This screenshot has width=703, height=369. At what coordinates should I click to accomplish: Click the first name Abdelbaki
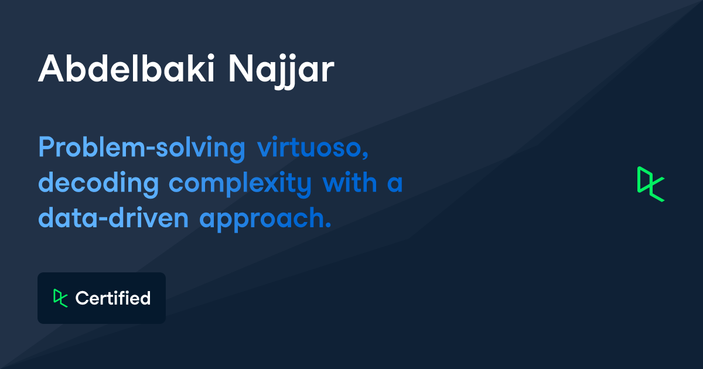point(127,69)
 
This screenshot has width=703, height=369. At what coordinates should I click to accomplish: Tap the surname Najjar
point(281,71)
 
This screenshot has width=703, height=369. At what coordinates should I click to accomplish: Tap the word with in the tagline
point(350,182)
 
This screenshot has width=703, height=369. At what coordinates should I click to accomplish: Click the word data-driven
point(113,217)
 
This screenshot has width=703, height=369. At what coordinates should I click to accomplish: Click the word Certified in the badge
point(113,298)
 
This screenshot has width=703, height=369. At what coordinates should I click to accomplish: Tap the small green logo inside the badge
point(60,298)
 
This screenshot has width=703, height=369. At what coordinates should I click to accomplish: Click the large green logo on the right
point(651,184)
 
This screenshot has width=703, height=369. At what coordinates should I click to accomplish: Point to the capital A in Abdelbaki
point(52,69)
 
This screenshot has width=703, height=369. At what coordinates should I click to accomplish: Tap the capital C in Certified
point(82,298)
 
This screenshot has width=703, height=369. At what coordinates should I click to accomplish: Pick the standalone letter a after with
point(395,184)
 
